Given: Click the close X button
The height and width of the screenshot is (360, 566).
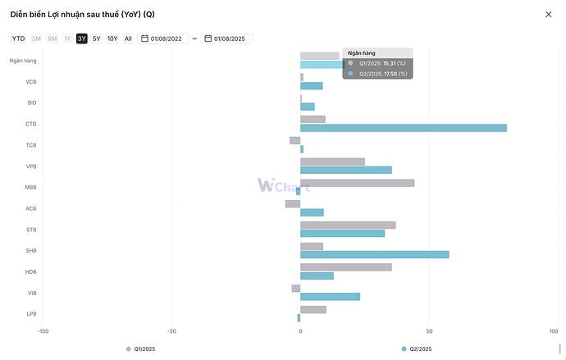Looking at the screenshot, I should click(x=548, y=14).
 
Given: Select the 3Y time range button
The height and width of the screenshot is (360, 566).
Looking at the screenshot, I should click(x=82, y=39).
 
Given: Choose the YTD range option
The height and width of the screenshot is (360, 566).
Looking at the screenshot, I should click(x=18, y=39).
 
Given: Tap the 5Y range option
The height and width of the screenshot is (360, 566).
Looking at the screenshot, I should click(x=97, y=39).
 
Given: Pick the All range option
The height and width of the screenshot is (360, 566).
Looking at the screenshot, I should click(x=128, y=39).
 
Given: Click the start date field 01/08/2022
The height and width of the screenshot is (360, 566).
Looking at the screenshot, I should click(x=164, y=39).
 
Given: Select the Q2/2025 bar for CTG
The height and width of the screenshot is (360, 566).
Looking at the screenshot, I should click(x=403, y=128).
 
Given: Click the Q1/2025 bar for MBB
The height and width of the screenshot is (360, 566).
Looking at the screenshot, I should click(x=357, y=183).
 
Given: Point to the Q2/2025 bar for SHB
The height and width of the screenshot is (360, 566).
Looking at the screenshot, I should click(x=374, y=254).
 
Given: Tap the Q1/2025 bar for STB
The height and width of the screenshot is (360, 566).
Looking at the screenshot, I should click(x=348, y=225).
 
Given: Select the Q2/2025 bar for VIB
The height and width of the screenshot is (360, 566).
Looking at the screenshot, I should click(x=330, y=297).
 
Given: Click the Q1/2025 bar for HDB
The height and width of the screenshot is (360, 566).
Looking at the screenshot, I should click(x=345, y=267).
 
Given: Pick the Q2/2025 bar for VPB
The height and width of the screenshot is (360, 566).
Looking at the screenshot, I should click(x=345, y=170).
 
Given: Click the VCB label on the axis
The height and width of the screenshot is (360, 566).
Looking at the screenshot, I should click(x=31, y=82).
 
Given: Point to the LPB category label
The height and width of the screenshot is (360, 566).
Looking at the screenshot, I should click(x=31, y=314).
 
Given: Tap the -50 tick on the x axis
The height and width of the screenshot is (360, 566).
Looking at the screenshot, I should click(x=171, y=331).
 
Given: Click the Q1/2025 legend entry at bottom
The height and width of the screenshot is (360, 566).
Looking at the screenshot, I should click(x=141, y=349).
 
